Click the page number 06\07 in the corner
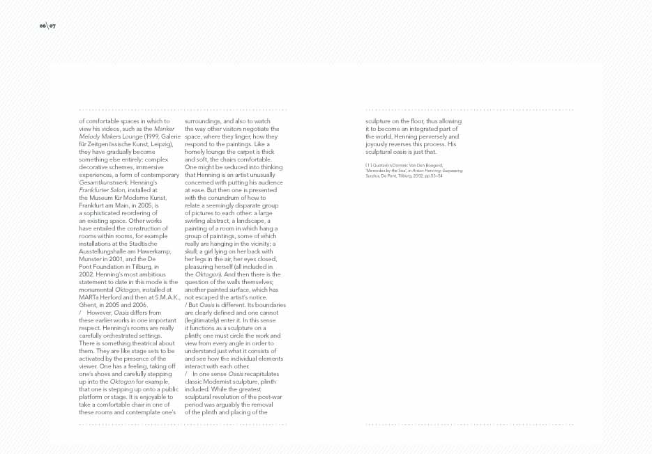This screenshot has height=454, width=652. [x=47, y=26]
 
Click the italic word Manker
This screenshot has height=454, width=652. [x=164, y=129]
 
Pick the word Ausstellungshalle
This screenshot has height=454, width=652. [x=102, y=251]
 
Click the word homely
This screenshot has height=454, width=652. [x=197, y=152]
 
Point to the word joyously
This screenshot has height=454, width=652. [x=379, y=144]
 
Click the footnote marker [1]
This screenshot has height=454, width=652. [x=369, y=164]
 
